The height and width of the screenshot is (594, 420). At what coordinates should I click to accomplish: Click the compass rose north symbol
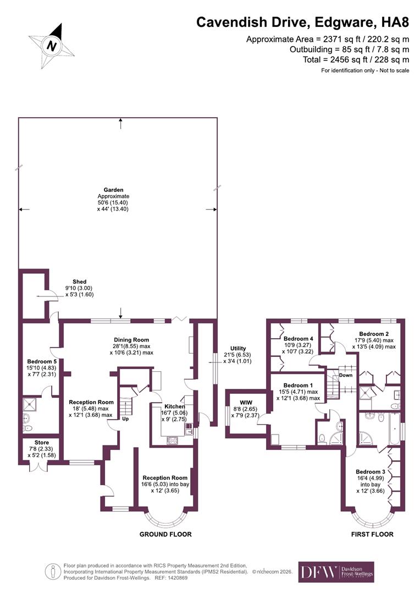tap(52, 45)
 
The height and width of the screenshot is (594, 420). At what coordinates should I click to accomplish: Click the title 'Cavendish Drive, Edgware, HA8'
tap(303, 23)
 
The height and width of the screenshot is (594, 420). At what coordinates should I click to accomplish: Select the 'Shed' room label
tap(79, 282)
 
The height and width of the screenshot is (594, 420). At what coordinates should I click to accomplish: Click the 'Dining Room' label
tap(131, 340)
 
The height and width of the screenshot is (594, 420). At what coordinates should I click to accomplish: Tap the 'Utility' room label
tap(238, 348)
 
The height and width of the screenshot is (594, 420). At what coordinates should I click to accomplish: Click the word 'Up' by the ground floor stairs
tap(125, 419)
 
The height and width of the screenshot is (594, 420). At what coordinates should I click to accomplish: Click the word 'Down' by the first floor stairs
tap(346, 376)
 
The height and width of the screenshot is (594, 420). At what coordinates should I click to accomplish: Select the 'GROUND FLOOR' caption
tap(165, 534)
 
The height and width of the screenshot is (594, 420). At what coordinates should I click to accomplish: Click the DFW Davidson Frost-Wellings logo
tap(336, 572)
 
